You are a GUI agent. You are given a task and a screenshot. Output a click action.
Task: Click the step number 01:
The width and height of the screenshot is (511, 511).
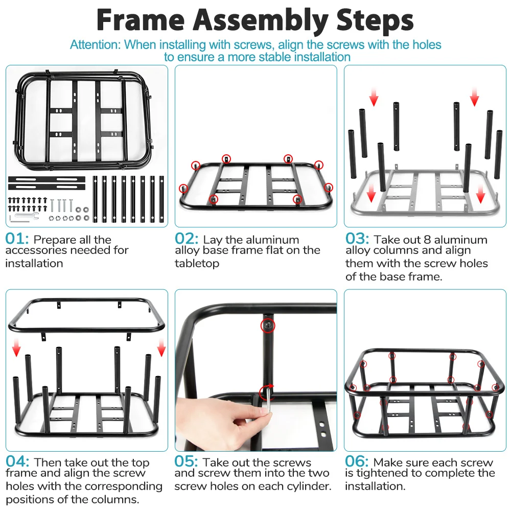[x=17, y=239]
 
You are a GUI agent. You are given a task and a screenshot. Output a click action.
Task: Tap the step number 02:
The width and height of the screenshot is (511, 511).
[x=187, y=239]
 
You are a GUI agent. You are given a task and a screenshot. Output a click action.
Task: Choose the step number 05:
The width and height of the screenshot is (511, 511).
[x=187, y=462]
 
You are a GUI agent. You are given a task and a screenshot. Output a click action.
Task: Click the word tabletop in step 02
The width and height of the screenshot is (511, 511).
[x=197, y=264]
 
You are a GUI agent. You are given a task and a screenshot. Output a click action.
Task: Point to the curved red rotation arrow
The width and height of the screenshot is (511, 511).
[x=267, y=391]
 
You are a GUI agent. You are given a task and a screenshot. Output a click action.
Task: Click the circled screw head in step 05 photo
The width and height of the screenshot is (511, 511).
[x=268, y=325]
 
